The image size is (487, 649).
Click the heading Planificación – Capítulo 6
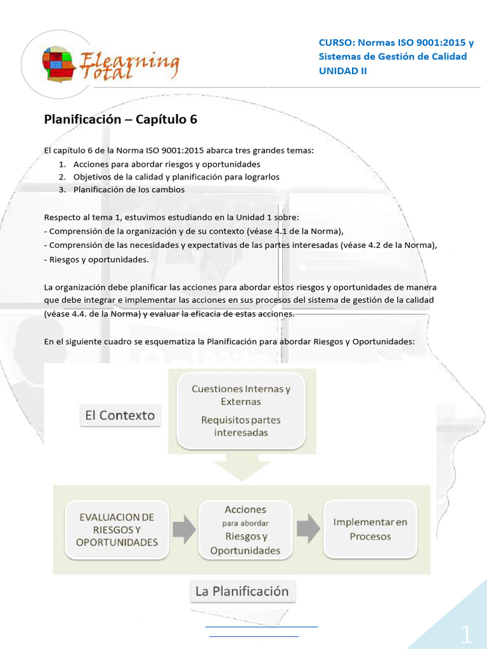(116, 119)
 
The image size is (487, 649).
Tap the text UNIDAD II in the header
(342, 70)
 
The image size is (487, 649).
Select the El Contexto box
(120, 416)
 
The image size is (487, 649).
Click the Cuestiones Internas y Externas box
(241, 395)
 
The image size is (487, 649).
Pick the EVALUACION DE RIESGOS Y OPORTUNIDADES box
(117, 530)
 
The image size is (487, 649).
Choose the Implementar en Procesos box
(370, 529)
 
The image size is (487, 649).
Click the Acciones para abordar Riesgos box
(245, 530)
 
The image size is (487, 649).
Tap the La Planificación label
(242, 591)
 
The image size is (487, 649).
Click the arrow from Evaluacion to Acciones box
(184, 530)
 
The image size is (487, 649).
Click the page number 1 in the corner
(466, 634)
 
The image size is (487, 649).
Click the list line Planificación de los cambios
(129, 190)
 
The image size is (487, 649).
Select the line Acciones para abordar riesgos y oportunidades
(167, 164)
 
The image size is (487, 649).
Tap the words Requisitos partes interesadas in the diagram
(241, 426)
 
